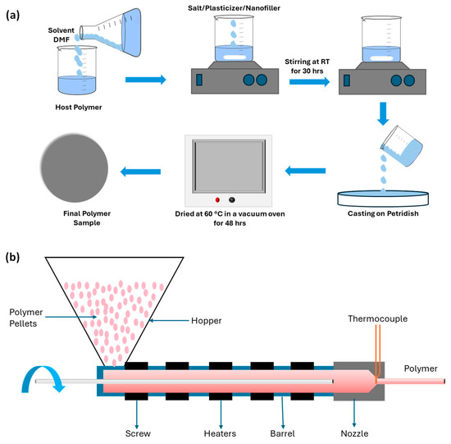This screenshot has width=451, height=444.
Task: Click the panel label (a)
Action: [14, 14]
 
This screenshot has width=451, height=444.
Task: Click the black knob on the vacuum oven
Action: [231, 199]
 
